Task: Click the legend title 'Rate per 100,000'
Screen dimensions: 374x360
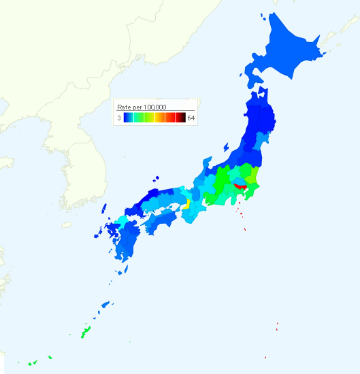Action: pos(142,107)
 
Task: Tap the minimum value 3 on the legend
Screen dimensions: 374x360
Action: pos(118,118)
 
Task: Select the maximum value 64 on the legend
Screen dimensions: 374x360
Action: pos(191,118)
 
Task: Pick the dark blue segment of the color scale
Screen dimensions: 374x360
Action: pos(127,118)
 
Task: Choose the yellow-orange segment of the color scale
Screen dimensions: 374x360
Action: pos(159,118)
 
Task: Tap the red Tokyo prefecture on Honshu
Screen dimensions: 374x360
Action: pos(240,185)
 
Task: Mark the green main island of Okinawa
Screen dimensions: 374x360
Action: pos(86,333)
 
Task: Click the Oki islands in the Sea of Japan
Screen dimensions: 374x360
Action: pos(157,179)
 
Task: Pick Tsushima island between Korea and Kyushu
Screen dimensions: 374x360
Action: pos(104,210)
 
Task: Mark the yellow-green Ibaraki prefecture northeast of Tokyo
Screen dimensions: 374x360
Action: pos(252,178)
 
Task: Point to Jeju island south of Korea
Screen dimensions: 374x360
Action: pos(66,223)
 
